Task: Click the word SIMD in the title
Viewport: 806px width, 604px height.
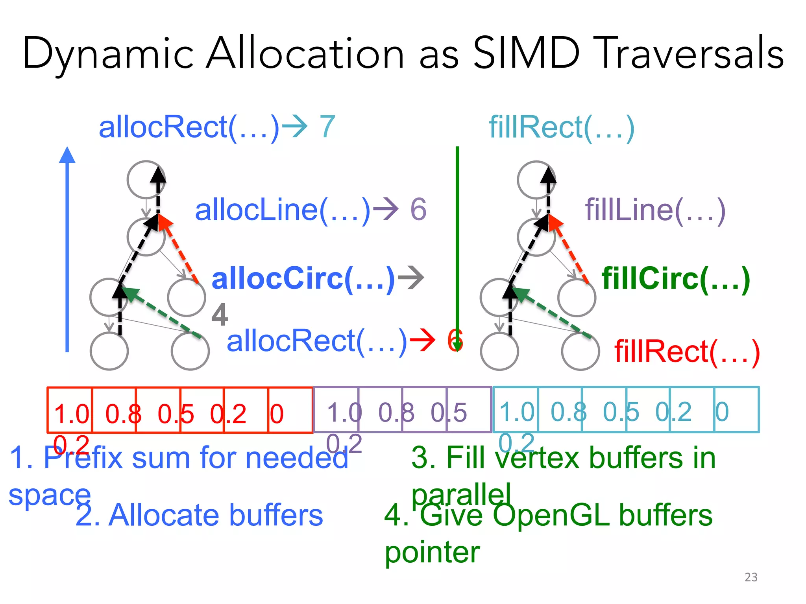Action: tap(526, 53)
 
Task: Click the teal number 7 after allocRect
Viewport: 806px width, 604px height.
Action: tap(327, 127)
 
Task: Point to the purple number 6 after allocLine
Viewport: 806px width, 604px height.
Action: tap(418, 209)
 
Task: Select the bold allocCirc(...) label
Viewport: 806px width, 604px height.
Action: tap(303, 278)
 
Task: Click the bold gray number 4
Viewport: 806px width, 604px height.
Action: tap(220, 315)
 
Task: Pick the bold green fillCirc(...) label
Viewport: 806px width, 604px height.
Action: tap(676, 278)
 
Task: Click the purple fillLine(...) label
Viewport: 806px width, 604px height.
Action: tap(655, 210)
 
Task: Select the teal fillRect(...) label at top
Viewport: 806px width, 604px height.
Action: tap(562, 127)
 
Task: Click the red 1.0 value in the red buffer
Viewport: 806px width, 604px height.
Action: tap(72, 414)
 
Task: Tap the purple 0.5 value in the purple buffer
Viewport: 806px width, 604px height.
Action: tap(449, 412)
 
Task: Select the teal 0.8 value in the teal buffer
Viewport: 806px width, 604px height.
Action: tap(568, 412)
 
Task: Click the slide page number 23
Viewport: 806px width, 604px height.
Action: tap(751, 577)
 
